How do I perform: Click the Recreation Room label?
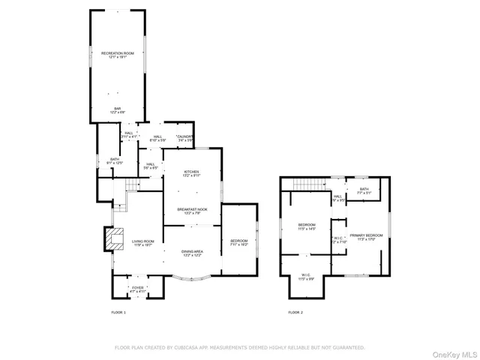pyautogui.click(x=117, y=54)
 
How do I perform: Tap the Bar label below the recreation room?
pyautogui.click(x=117, y=110)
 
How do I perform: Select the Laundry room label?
pyautogui.click(x=185, y=138)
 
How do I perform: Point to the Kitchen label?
pyautogui.click(x=192, y=173)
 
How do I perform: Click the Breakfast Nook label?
pyautogui.click(x=192, y=210)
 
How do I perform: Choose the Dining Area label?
pyautogui.click(x=192, y=253)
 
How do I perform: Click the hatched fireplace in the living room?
pyautogui.click(x=113, y=238)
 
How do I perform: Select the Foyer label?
pyautogui.click(x=138, y=288)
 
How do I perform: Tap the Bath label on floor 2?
pyautogui.click(x=364, y=190)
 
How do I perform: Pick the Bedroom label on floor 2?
pyautogui.click(x=307, y=226)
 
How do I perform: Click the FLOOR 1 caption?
pyautogui.click(x=118, y=311)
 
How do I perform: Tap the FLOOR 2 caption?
pyautogui.click(x=296, y=311)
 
